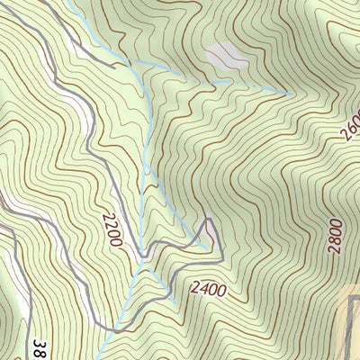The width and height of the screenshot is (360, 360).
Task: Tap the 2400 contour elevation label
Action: tap(209, 290)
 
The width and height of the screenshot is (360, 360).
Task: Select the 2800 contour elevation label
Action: tap(336, 236)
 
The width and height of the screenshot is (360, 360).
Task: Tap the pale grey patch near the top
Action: tap(226, 57)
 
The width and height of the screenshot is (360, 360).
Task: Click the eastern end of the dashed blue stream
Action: tap(288, 92)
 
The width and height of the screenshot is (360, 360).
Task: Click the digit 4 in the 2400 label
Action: tap(200, 290)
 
